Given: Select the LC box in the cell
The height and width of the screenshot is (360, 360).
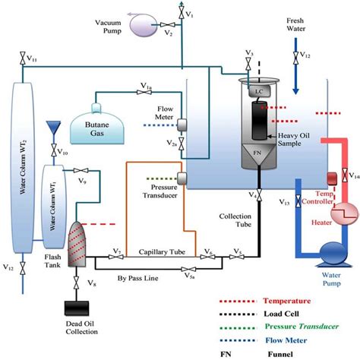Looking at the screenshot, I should click(257, 90).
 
